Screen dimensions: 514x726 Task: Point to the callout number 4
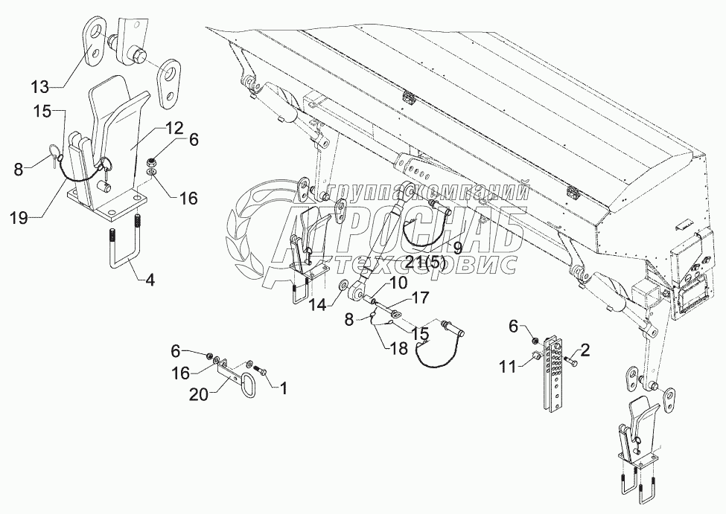click(150, 281)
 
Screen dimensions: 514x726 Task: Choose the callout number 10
click(396, 283)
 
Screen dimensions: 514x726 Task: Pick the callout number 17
click(421, 299)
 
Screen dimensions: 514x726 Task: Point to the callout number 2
click(585, 348)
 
